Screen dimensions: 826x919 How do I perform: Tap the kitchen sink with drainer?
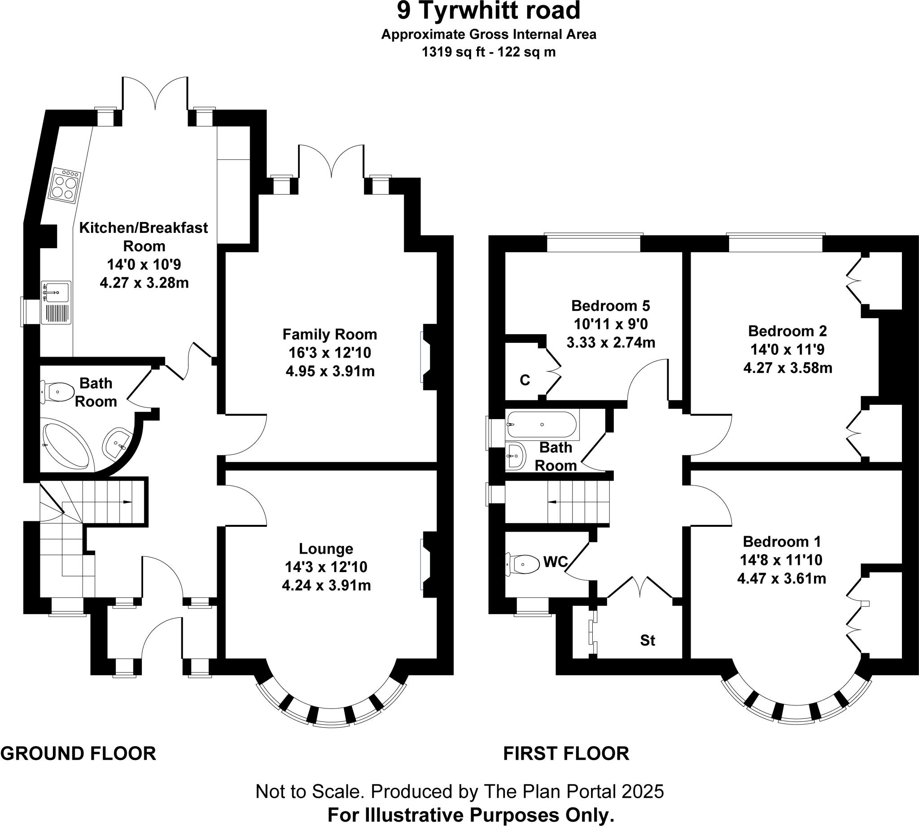pyautogui.click(x=56, y=302)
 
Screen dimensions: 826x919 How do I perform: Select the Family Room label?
pyautogui.click(x=329, y=335)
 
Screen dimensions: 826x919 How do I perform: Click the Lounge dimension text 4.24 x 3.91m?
pyautogui.click(x=326, y=586)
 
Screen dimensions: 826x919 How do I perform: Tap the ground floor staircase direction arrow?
pyautogui.click(x=127, y=502)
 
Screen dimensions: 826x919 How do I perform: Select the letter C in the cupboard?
pyautogui.click(x=525, y=380)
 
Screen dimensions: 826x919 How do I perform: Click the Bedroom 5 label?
pyautogui.click(x=610, y=306)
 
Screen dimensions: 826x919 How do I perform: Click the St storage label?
pyautogui.click(x=648, y=640)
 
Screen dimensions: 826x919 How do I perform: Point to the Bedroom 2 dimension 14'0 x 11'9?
pyautogui.click(x=788, y=350)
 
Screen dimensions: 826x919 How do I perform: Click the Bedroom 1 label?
pyautogui.click(x=782, y=542)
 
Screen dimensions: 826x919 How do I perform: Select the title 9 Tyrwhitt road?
pyautogui.click(x=489, y=11)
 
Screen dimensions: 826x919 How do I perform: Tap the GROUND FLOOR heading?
pyautogui.click(x=78, y=753)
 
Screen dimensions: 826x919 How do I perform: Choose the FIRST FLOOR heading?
pyautogui.click(x=566, y=753)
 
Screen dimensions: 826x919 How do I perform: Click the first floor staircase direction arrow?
pyautogui.click(x=553, y=502)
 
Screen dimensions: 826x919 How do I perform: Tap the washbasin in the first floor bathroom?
pyautogui.click(x=516, y=455)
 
